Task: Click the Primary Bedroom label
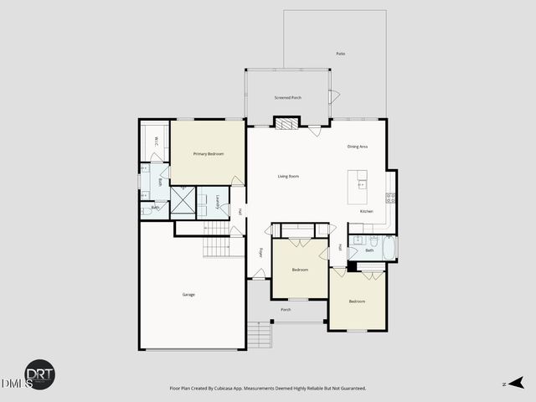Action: (x=209, y=154)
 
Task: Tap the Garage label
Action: (x=189, y=295)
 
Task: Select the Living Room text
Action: (x=289, y=176)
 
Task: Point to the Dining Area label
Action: (x=358, y=147)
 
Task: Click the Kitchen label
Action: (x=366, y=211)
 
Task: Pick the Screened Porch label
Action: (x=288, y=98)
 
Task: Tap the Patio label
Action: (x=341, y=54)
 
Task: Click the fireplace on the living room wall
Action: (x=286, y=124)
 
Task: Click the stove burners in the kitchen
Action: (x=390, y=198)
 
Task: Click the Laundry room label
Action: (x=217, y=201)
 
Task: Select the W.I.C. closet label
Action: (x=157, y=142)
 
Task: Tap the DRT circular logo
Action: (x=39, y=375)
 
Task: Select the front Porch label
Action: (x=286, y=310)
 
